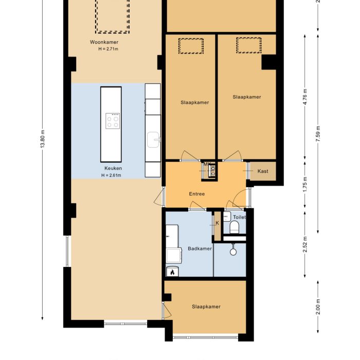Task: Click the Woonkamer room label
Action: (105, 42)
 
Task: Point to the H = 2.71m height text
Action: (109, 49)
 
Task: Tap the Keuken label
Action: (113, 168)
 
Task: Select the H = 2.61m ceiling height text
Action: (111, 175)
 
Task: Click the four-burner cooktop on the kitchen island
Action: (113, 121)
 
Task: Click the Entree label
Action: (197, 194)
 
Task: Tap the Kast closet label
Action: (263, 171)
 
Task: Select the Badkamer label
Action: (200, 248)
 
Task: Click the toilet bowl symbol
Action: (236, 227)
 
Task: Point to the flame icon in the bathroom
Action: (172, 272)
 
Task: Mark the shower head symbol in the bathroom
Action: (233, 251)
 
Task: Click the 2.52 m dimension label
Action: (305, 244)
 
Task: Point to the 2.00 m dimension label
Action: (318, 307)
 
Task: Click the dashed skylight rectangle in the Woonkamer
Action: (111, 15)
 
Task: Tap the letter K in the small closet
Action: (218, 223)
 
